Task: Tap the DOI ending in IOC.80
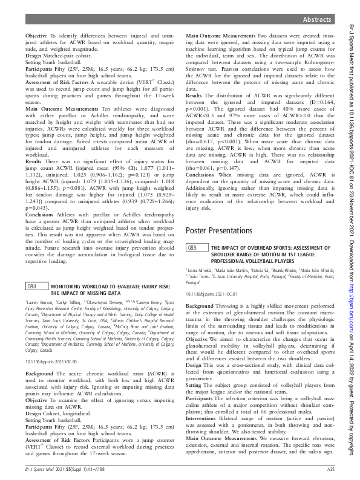pyautogui.click(x=44, y=361)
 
